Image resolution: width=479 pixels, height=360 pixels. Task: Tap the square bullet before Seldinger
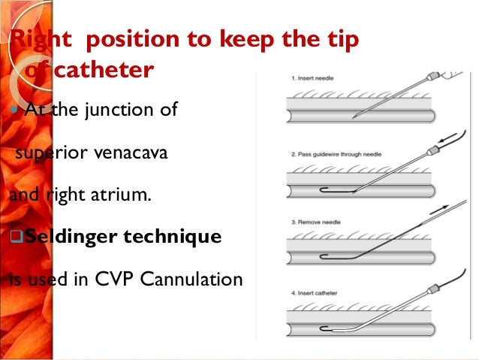(x=16, y=237)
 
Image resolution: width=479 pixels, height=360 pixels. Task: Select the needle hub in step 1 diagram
(x=432, y=78)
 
